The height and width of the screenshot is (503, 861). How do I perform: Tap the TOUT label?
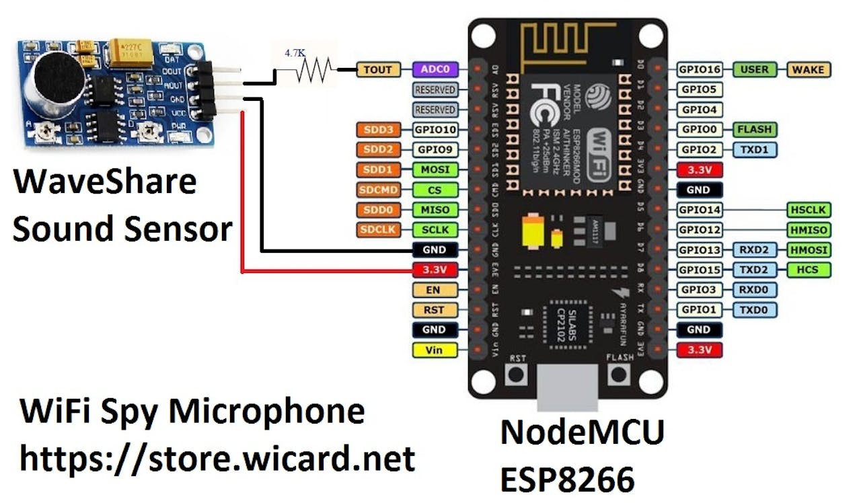pyautogui.click(x=378, y=69)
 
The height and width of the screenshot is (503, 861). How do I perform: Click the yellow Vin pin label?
pyautogui.click(x=434, y=350)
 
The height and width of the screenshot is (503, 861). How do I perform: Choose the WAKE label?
pyautogui.click(x=809, y=69)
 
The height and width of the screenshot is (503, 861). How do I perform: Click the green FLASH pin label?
pyautogui.click(x=755, y=129)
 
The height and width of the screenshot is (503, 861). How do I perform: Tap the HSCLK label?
pyautogui.click(x=809, y=210)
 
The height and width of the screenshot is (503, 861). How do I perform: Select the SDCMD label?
pyautogui.click(x=378, y=190)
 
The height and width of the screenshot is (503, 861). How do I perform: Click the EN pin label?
pyautogui.click(x=434, y=290)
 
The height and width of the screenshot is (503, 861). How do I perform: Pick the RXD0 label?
pyautogui.click(x=755, y=290)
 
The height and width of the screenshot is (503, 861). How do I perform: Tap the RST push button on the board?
pyautogui.click(x=517, y=375)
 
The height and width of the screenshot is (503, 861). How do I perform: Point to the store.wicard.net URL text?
pyautogui.click(x=217, y=458)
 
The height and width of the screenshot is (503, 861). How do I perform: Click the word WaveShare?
pyautogui.click(x=104, y=182)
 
